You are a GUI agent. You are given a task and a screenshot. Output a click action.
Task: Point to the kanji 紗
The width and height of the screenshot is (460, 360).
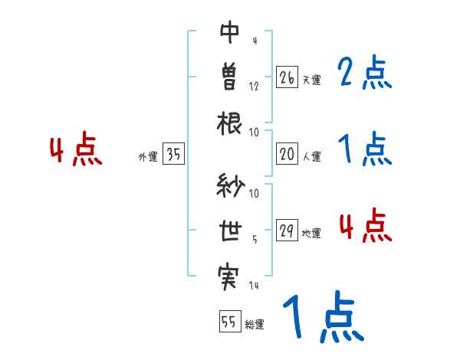pos(230,186)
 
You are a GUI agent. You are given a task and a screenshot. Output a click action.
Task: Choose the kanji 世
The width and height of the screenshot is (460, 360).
pos(230,230)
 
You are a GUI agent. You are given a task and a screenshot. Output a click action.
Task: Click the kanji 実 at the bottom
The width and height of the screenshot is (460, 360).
pos(230,274)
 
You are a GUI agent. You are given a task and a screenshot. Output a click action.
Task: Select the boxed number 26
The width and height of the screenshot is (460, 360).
pos(287,77)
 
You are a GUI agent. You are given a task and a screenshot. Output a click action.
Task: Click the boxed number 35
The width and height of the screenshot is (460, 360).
pos(173,155)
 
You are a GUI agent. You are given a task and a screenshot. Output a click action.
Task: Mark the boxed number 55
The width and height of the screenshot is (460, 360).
pos(228,322)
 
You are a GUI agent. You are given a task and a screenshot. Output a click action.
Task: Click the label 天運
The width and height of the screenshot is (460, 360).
pos(311,80)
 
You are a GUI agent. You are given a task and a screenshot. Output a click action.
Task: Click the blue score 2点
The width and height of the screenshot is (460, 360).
pos(365,74)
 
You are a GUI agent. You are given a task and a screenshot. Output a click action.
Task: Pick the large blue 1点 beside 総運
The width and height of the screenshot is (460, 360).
pos(323,318)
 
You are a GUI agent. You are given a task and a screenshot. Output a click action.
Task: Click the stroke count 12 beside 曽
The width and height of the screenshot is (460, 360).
pos(254,86)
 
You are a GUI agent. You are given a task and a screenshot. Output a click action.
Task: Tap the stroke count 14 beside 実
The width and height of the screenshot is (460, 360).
pos(254,286)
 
